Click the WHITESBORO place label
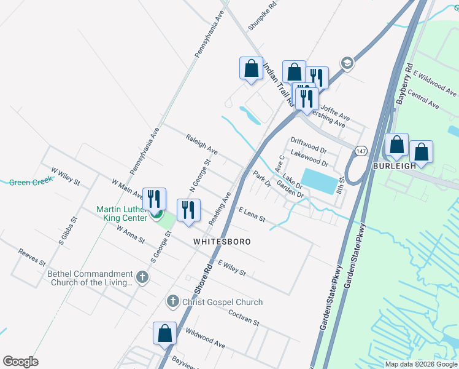tap(222, 242)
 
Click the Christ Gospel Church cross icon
tap(173, 301)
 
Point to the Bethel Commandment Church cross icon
tap(142, 277)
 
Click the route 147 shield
tap(361, 151)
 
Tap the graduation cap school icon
tap(347, 63)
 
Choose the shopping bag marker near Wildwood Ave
tap(164, 333)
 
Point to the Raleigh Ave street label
tap(202, 146)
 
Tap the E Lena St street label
tap(252, 215)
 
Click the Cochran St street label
tap(244, 319)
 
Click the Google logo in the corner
tap(20, 361)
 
